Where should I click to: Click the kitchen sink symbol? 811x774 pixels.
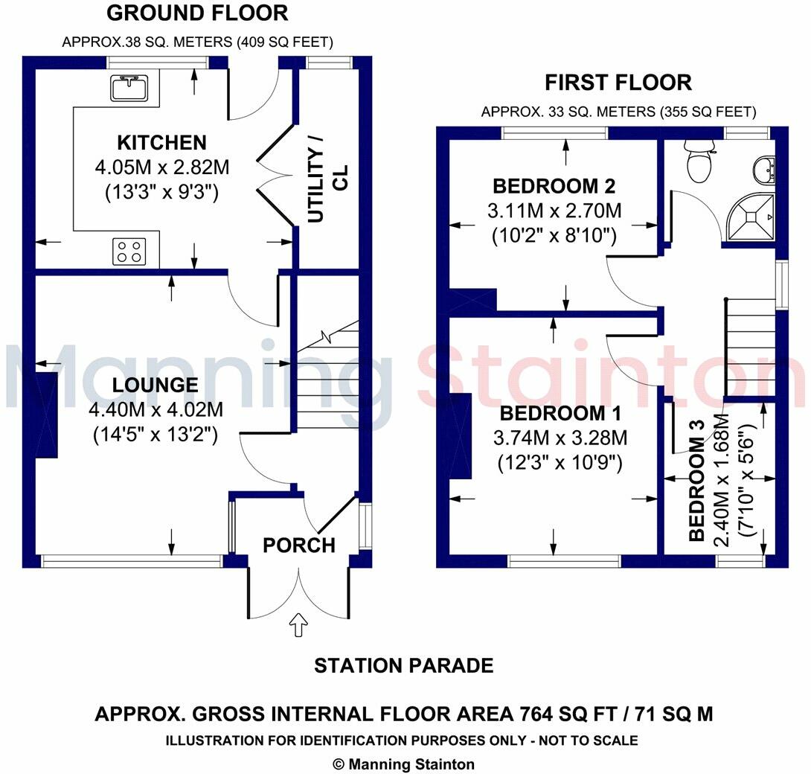[131, 89]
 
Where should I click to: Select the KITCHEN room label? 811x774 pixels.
[161, 142]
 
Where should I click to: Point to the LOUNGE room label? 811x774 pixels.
[156, 386]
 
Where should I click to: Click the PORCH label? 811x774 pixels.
[299, 546]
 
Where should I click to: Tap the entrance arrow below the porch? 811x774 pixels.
[299, 624]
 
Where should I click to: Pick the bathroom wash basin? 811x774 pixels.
[764, 170]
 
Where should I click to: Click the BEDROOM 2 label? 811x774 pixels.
[554, 186]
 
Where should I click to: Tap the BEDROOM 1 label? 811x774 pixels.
[560, 415]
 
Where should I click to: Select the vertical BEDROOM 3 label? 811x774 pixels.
[696, 487]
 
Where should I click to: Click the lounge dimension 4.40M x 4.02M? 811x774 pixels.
[156, 409]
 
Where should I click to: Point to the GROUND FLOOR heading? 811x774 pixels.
[197, 13]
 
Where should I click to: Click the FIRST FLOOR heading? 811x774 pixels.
[618, 82]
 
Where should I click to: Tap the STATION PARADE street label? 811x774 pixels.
[403, 665]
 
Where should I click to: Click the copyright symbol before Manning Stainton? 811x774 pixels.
[339, 764]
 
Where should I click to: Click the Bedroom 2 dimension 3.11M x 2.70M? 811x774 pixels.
[554, 211]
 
